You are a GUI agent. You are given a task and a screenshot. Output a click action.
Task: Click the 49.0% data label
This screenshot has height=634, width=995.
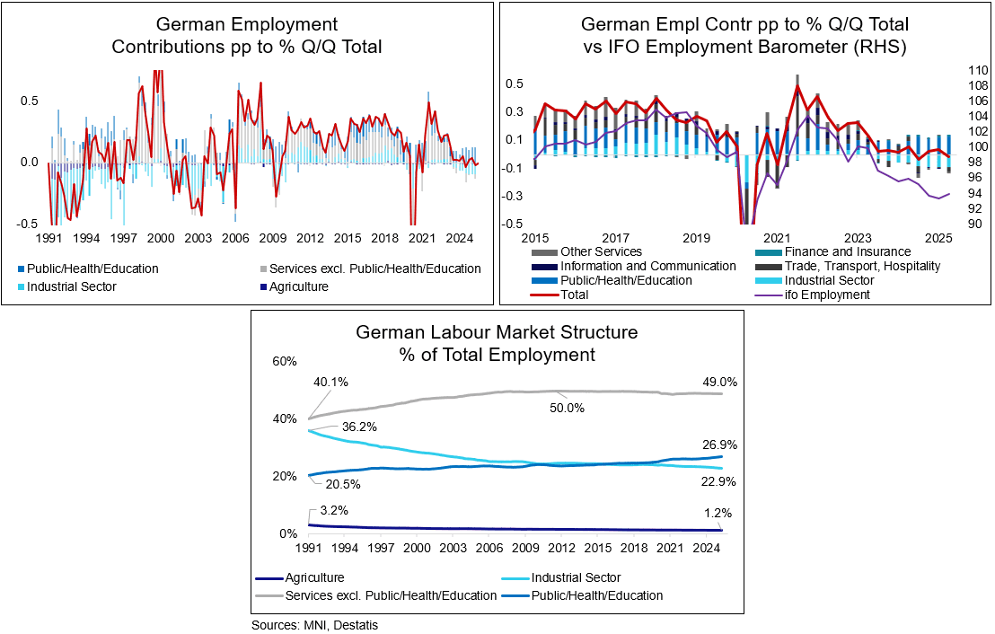tap(720, 382)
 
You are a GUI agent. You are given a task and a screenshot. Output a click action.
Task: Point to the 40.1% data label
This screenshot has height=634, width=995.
tap(330, 382)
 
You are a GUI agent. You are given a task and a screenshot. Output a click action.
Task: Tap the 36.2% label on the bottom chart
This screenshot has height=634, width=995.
tap(359, 427)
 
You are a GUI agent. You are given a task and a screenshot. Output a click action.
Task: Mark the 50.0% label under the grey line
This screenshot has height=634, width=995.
tap(567, 408)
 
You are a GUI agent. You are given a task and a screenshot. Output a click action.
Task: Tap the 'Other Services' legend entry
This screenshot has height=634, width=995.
tap(600, 251)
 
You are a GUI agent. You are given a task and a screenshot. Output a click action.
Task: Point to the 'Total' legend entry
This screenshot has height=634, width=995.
tap(576, 295)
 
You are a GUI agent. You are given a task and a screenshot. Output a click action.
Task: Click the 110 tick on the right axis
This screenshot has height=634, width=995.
tap(977, 69)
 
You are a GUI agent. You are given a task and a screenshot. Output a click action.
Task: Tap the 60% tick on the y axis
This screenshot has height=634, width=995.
tap(284, 361)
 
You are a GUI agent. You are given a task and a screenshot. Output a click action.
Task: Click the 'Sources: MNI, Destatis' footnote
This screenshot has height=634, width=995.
tap(314, 625)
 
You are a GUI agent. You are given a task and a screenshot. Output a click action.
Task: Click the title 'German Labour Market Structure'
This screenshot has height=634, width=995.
tap(497, 332)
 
